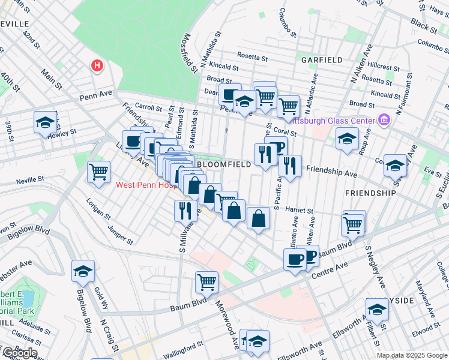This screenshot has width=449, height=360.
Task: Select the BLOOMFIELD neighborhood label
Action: tap(220, 164)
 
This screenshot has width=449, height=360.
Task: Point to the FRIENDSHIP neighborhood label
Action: tap(370, 193)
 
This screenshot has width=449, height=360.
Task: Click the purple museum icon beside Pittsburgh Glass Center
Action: tap(384, 120)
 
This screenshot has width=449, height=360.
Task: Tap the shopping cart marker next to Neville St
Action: tap(98, 172)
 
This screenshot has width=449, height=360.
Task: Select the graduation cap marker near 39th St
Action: tap(45, 123)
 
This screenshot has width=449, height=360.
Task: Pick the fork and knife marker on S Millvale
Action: tap(185, 210)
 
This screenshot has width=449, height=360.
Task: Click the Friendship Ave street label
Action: tap(331, 172)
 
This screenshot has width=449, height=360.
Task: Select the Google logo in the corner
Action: tap(19, 353)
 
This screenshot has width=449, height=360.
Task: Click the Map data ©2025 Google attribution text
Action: tap(412, 355)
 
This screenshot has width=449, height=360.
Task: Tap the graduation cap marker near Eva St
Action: tap(395, 165)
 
